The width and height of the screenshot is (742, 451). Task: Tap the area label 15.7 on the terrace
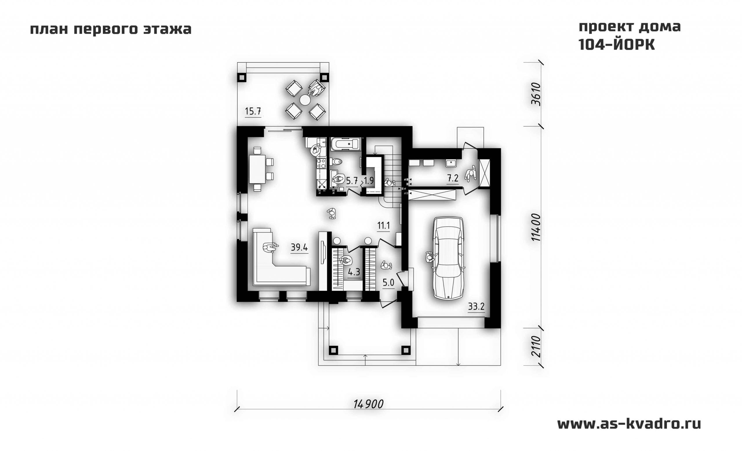(253, 111)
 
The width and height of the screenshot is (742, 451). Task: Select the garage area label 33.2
(476, 307)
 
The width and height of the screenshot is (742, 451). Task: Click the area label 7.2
(453, 178)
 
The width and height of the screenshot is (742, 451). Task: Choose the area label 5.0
(388, 282)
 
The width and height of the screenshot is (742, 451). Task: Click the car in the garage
(448, 258)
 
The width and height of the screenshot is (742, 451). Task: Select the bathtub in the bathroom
(346, 144)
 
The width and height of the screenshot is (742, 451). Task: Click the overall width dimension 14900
(368, 404)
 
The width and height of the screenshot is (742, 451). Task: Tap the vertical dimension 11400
(536, 227)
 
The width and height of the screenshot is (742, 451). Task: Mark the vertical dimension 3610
(536, 94)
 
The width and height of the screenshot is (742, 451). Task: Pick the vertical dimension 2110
(536, 347)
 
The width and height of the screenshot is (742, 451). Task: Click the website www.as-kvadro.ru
(629, 424)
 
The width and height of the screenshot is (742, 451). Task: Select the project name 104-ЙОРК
(616, 45)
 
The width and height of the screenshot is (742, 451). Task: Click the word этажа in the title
(167, 30)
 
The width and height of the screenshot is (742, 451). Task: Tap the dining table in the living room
(257, 169)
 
